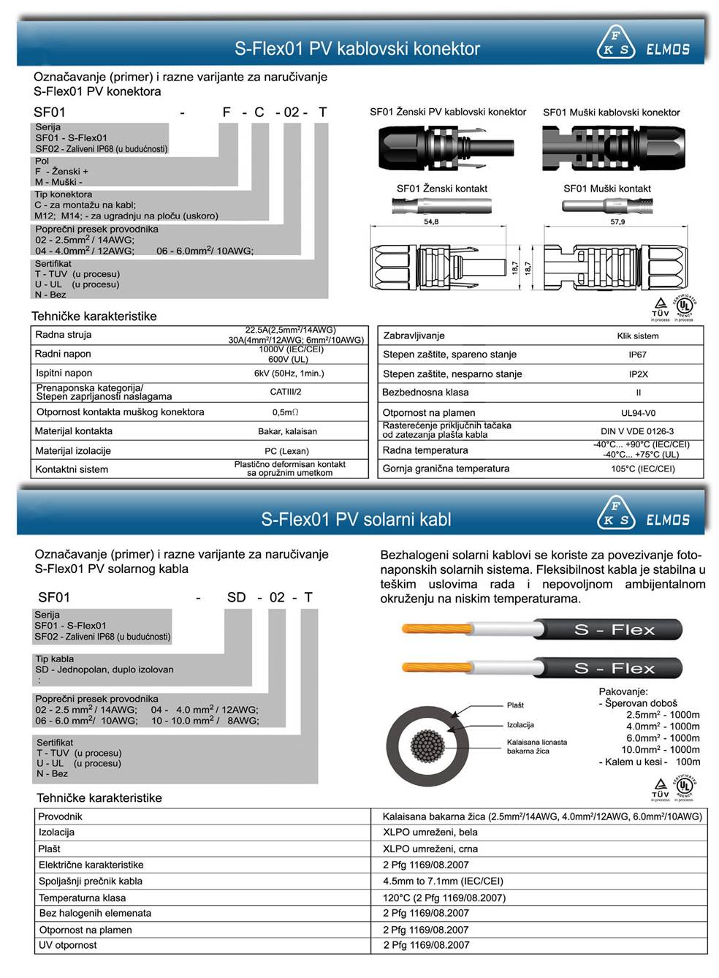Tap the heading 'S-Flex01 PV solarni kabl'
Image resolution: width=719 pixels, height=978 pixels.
[x=356, y=520]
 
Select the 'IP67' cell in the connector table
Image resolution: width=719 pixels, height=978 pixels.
[x=637, y=355]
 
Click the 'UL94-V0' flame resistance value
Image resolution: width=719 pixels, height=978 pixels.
[x=638, y=413]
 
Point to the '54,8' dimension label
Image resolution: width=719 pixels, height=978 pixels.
[x=431, y=221]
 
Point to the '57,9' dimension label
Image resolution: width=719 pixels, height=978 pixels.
[x=617, y=221]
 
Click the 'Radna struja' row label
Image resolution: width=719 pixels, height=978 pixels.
[x=64, y=335]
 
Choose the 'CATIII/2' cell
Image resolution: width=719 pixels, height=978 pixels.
[x=286, y=392]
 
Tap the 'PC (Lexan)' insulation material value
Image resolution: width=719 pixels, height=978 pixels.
[x=286, y=451]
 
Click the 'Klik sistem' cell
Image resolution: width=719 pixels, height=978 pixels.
[x=637, y=336]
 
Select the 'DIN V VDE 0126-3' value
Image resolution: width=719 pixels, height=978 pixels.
[x=637, y=431]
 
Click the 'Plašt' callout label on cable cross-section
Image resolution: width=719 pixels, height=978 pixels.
[x=515, y=705]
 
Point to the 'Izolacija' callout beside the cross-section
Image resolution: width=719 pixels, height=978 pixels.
[x=520, y=725]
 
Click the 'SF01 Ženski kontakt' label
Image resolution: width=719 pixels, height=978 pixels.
[x=441, y=189]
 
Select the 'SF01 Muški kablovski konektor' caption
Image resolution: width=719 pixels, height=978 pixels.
[x=611, y=113]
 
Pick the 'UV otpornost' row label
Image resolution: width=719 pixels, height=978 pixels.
[x=68, y=945]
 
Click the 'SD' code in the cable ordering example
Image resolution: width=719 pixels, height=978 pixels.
[x=237, y=597]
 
